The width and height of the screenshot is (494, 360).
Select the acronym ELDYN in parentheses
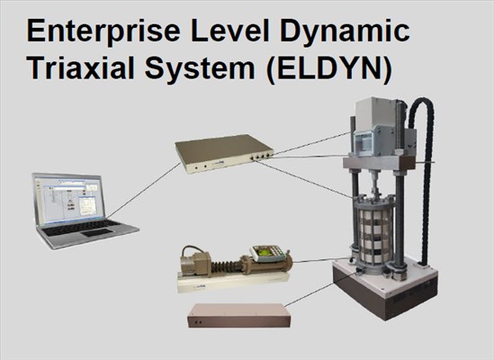tap(329, 69)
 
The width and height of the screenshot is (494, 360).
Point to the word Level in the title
tap(230, 31)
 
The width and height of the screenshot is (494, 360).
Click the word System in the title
tap(200, 70)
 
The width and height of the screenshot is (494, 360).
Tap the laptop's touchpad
tap(97, 233)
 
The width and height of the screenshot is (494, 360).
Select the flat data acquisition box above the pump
tap(224, 154)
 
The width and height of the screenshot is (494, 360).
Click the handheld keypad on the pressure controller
tap(269, 253)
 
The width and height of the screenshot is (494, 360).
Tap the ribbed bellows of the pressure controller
tap(225, 266)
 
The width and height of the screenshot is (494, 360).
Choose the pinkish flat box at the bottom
tap(239, 315)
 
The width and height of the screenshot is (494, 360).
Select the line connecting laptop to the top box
tap(144, 191)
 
